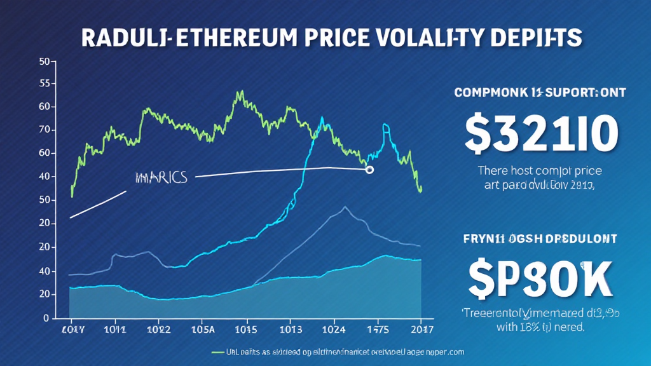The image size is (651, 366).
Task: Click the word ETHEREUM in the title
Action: (232, 37)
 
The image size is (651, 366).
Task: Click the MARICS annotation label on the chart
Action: (161, 177)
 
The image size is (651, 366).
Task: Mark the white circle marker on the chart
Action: (369, 170)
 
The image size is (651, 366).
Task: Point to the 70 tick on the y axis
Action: (44, 130)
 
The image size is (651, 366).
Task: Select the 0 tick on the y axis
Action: (46, 317)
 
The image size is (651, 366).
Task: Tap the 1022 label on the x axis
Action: (158, 330)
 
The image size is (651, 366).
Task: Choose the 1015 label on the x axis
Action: (245, 330)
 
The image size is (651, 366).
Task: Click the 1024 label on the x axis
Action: (334, 330)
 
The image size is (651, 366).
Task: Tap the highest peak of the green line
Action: (240, 93)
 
